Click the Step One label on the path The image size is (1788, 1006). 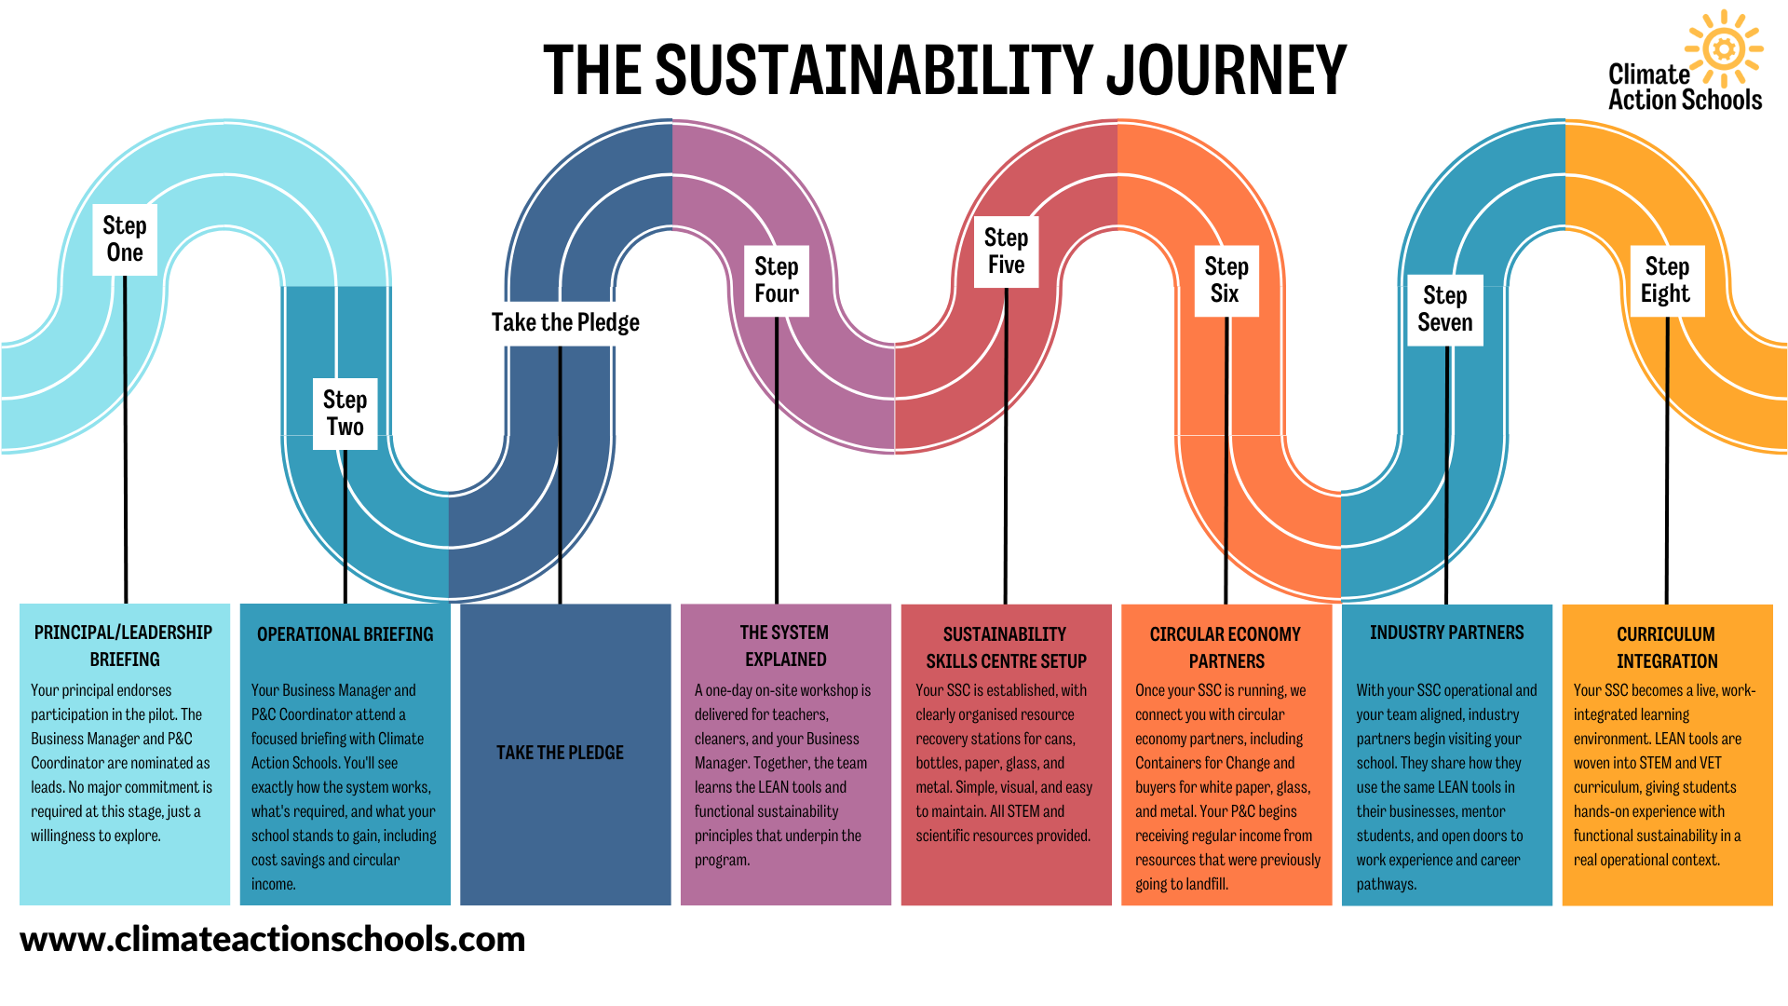click(x=125, y=239)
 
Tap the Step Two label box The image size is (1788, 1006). click(x=345, y=414)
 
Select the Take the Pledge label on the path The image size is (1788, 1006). click(x=565, y=322)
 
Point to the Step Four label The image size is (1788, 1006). click(x=777, y=280)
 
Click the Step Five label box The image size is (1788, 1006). click(x=1006, y=251)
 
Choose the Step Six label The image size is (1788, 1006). click(x=1226, y=280)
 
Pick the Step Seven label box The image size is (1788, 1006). click(x=1445, y=309)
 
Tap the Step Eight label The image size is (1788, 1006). click(x=1666, y=280)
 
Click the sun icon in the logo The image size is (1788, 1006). click(x=1724, y=48)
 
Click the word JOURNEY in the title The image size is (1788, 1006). click(x=1226, y=71)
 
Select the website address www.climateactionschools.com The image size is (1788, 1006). click(x=273, y=939)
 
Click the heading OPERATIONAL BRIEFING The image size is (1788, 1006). click(x=345, y=634)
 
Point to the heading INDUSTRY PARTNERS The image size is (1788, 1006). click(x=1446, y=632)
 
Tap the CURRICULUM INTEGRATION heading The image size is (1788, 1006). click(x=1666, y=647)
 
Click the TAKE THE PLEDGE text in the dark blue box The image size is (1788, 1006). click(x=560, y=753)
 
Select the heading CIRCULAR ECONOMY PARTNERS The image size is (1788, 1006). click(x=1226, y=647)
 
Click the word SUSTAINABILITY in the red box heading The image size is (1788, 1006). click(x=1004, y=634)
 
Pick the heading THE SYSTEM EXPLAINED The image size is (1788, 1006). click(x=785, y=646)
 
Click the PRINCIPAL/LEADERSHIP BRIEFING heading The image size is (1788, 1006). click(x=124, y=646)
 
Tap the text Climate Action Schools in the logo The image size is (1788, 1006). click(x=1684, y=88)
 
